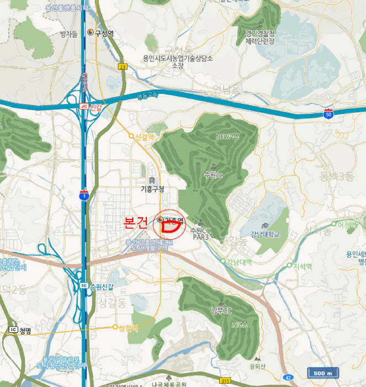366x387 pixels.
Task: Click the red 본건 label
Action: [136, 223]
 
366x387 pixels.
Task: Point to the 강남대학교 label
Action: [265, 234]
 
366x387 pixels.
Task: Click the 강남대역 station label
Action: [240, 262]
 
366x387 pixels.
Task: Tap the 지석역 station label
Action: [302, 266]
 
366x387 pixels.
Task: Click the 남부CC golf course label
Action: [221, 311]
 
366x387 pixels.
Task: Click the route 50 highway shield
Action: [328, 114]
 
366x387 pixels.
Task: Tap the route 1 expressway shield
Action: [83, 196]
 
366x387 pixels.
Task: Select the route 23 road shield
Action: [121, 66]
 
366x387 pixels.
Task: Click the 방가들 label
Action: [68, 34]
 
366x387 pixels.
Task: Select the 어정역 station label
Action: [348, 224]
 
